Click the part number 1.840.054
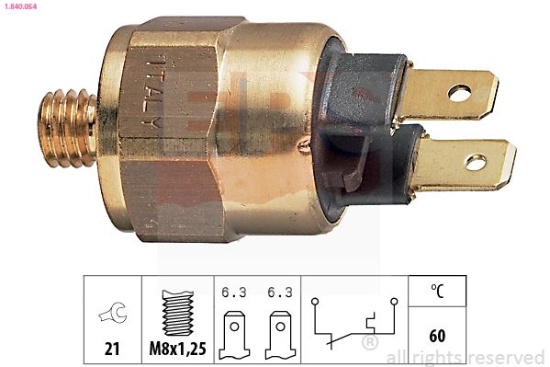(22, 7)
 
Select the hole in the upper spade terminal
(461, 92)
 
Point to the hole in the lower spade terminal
(475, 163)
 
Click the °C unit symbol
(437, 292)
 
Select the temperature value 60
(437, 336)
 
